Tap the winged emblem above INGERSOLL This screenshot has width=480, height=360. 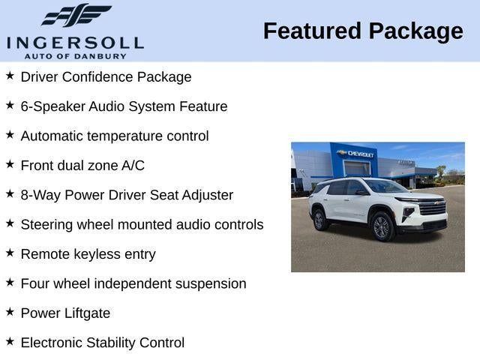76,15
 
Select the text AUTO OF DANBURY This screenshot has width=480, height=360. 75,55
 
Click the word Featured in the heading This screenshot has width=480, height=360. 310,31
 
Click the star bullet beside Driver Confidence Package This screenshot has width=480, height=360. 10,76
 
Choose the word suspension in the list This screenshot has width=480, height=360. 210,284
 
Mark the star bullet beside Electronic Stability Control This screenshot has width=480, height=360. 10,341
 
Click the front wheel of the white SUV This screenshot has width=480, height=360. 382,226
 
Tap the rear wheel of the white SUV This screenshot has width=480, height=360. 319,220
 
